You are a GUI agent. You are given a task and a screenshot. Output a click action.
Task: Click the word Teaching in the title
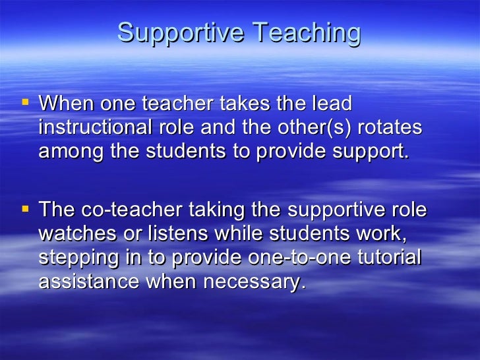coord(307,33)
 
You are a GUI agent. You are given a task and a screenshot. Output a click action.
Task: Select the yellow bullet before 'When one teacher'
coord(25,103)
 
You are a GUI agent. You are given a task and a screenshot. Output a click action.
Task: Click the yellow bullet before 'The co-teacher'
coord(25,210)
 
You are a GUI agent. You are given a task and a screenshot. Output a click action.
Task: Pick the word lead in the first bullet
coord(332,104)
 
